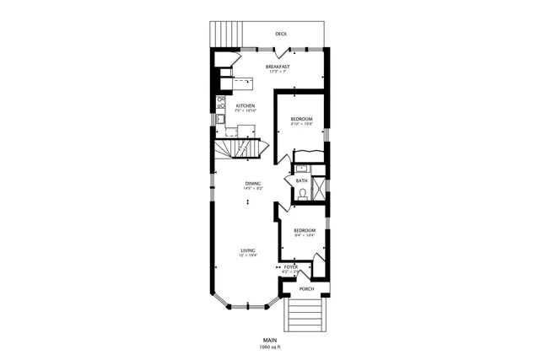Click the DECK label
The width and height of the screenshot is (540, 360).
point(280,34)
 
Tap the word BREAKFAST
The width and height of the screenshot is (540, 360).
point(278,67)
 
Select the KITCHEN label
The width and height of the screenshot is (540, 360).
point(245,106)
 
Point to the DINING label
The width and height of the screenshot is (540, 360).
point(252,183)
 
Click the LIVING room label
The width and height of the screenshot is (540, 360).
point(248,250)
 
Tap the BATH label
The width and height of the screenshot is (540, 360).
point(301,180)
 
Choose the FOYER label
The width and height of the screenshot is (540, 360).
point(290,267)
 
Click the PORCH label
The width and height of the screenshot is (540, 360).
point(306,288)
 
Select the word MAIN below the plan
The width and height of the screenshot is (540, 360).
point(269,340)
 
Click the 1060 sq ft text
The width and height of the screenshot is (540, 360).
point(270,347)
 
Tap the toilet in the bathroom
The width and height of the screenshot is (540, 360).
point(303,193)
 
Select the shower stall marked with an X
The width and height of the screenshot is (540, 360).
point(319,187)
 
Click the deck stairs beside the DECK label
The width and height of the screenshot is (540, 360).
point(224,34)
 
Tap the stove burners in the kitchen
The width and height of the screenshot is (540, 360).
point(221,104)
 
